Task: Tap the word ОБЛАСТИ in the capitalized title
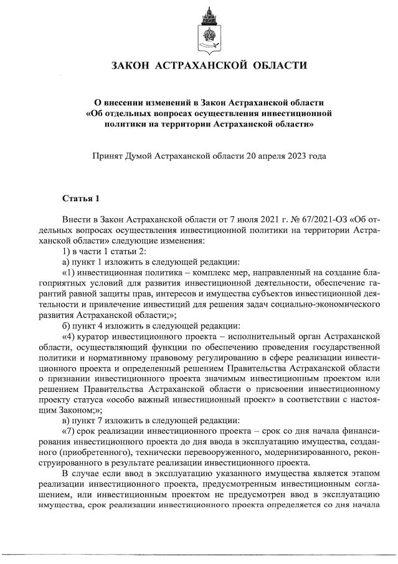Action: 277,65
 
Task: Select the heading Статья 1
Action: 81,199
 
